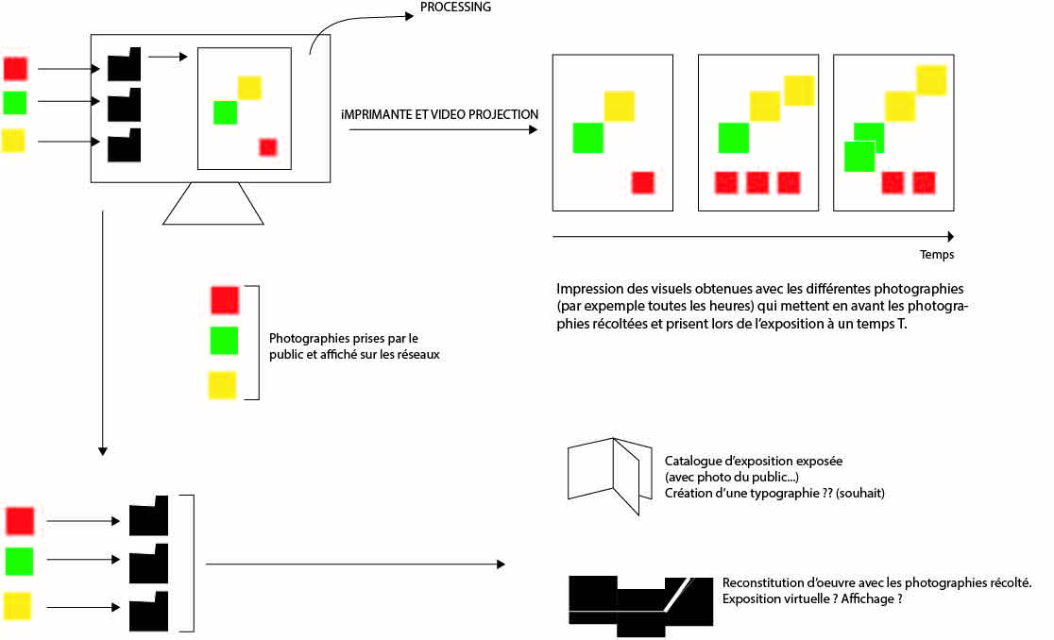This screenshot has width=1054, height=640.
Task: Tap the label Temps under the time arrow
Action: pos(937,255)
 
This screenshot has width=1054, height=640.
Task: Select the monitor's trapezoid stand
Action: pos(212,204)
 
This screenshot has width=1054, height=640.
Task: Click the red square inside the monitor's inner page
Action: pos(268,146)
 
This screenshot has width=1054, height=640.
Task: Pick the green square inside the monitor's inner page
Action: pos(225,111)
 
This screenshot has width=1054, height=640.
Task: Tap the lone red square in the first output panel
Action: pos(642,182)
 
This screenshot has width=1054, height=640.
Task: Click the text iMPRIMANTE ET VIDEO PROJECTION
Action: pos(440,114)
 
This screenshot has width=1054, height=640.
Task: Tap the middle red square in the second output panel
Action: pos(757,182)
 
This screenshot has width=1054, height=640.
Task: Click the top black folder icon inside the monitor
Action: pos(124,64)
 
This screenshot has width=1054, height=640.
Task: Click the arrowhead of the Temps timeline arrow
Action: pos(949,237)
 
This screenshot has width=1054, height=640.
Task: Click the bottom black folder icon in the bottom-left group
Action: pos(148,612)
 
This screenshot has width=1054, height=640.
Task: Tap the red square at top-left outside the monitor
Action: pos(16,68)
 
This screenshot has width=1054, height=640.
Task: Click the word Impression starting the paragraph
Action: pos(588,288)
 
